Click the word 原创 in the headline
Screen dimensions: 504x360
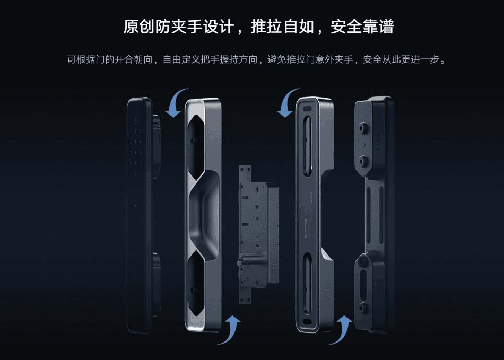click(139, 27)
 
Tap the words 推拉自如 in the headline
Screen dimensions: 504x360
click(283, 27)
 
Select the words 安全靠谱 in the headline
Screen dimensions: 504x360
click(362, 27)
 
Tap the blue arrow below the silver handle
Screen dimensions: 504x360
click(230, 329)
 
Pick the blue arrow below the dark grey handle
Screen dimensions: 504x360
click(341, 329)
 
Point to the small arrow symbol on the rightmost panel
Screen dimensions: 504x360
click(363, 145)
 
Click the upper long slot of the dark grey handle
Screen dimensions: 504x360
click(308, 145)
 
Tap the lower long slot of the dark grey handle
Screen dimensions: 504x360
click(308, 283)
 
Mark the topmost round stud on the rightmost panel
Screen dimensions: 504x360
click(363, 128)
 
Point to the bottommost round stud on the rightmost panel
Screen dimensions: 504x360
click(363, 308)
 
